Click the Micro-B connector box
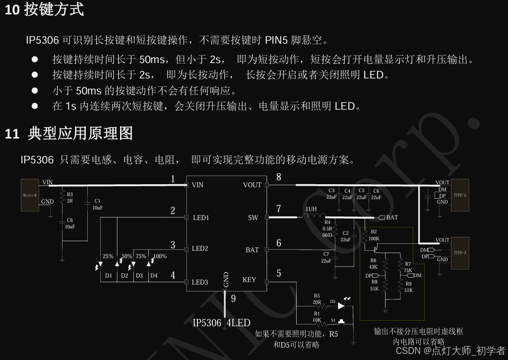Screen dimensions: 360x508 tap(30, 195)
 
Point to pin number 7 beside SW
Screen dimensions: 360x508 tap(279, 209)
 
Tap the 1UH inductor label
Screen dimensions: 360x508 tap(311, 210)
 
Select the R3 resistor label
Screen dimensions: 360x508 tap(70, 195)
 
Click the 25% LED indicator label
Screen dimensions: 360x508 tap(108, 257)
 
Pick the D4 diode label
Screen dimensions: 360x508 tap(154, 276)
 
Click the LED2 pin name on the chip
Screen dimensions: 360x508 tap(200, 248)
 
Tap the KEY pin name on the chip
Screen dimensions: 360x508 tap(250, 280)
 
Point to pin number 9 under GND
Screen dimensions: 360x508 tap(233, 298)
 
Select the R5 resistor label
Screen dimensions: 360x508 tap(317, 296)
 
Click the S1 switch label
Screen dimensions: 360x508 tap(333, 320)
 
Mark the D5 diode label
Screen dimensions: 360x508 tap(332, 301)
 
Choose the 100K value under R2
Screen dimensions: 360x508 tap(374, 239)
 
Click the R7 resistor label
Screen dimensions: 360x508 tap(408, 264)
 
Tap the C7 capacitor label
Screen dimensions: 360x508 tap(326, 254)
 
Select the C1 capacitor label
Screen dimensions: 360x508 tap(97, 201)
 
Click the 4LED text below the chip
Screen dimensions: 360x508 tap(238, 323)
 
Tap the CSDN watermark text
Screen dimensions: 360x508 tap(408, 351)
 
